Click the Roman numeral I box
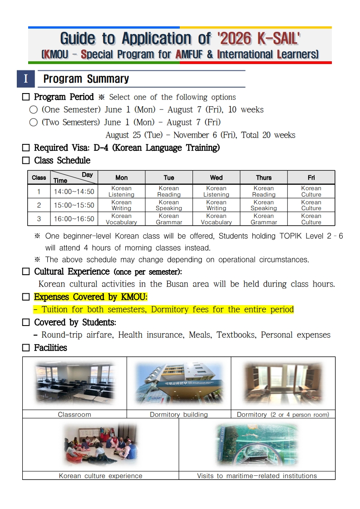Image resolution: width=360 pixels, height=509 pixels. tap(25, 79)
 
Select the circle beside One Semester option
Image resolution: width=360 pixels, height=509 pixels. tap(33, 110)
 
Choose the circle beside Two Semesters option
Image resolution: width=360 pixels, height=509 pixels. tap(33, 123)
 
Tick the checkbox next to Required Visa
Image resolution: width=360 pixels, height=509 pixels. tap(26, 148)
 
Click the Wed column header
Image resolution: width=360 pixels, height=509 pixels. tap(216, 178)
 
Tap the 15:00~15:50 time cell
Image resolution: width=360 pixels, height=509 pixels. tap(74, 205)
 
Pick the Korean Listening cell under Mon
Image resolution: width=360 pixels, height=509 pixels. tap(121, 191)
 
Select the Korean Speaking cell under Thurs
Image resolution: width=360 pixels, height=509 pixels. tap(263, 205)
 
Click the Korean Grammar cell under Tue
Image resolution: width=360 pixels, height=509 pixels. tap(169, 219)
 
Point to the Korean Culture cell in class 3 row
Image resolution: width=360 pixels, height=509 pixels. tap(311, 219)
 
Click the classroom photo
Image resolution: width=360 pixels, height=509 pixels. tap(74, 383)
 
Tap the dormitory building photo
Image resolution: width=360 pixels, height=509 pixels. tap(178, 383)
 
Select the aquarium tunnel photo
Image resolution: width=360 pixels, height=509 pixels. tap(257, 445)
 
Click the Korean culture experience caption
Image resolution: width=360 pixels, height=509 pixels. tap(100, 476)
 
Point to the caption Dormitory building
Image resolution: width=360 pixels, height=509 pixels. tap(178, 415)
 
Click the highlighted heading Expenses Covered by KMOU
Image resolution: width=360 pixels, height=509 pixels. tap(91, 297)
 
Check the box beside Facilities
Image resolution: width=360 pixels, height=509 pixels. tap(26, 348)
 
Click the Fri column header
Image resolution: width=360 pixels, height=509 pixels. tap(311, 178)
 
